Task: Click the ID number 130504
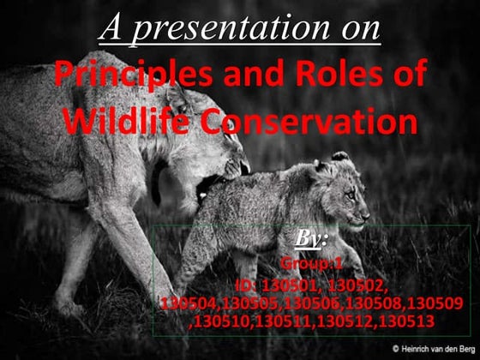point(188,303)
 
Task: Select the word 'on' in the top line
point(360,28)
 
